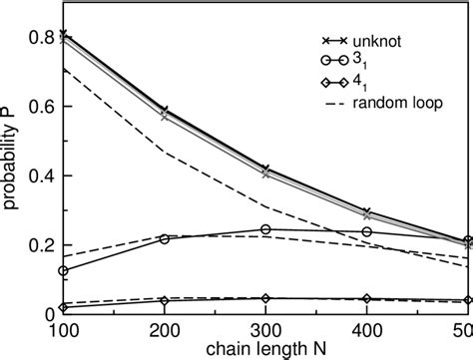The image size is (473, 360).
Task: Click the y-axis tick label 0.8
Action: [x=39, y=38]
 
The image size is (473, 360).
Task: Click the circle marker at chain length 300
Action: [x=265, y=229]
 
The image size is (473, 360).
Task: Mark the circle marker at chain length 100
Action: [x=64, y=270]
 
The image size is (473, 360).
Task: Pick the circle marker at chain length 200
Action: [x=165, y=239]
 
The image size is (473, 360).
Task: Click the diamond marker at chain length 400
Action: [x=366, y=299]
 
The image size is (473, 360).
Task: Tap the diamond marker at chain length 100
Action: [x=64, y=307]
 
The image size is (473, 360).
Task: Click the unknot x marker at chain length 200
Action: [x=165, y=110]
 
